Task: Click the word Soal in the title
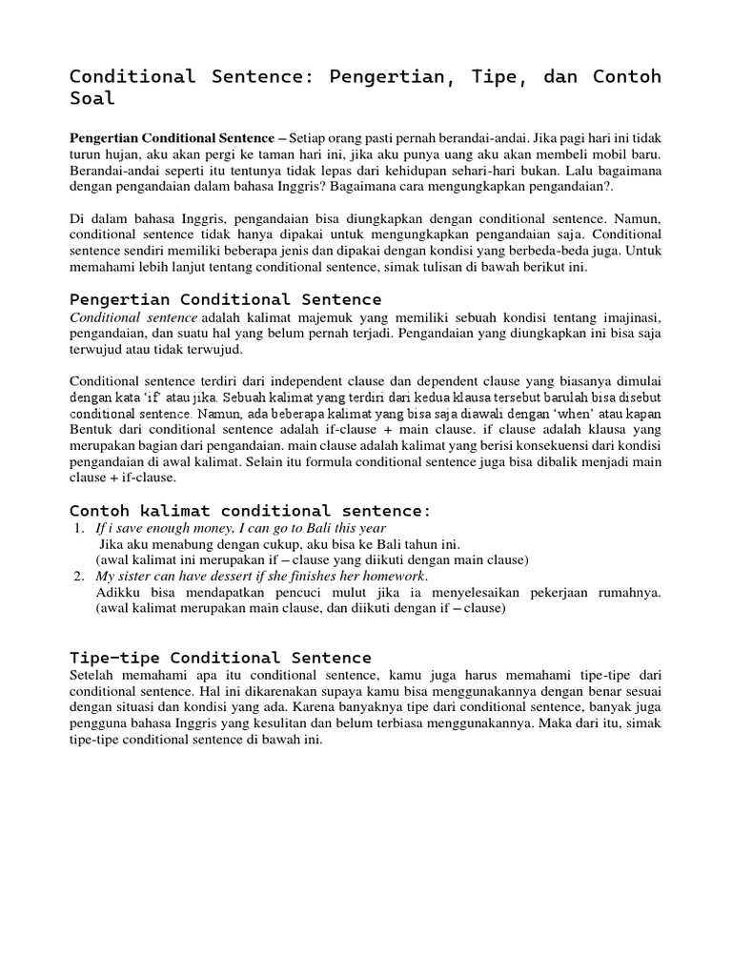(x=92, y=98)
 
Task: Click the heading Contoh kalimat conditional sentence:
(x=251, y=511)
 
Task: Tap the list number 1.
(x=77, y=528)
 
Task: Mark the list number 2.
(x=77, y=576)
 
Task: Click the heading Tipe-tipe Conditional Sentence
(x=221, y=658)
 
